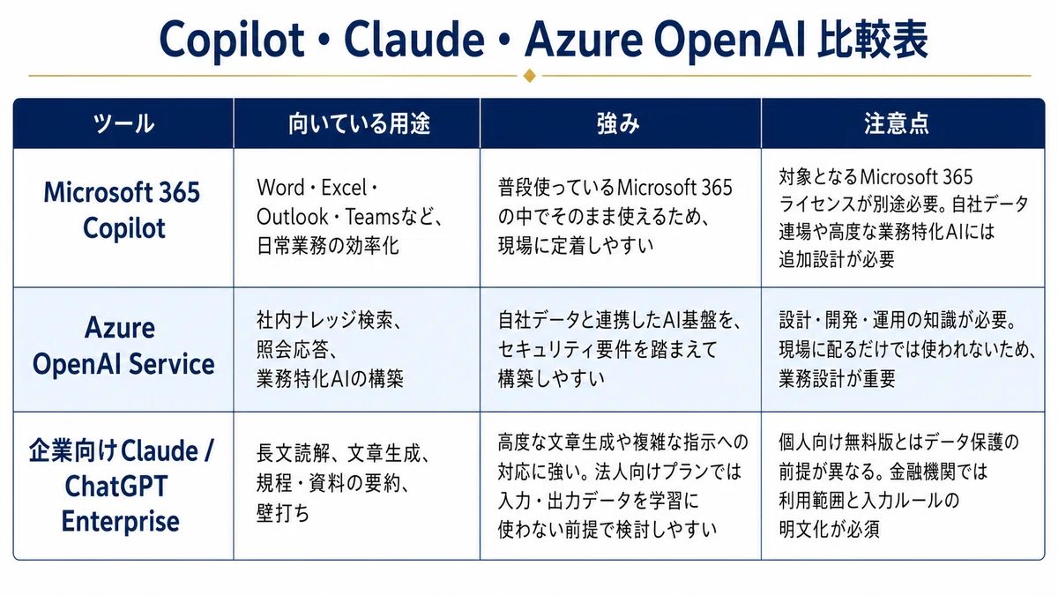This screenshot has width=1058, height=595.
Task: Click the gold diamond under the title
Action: [x=530, y=76]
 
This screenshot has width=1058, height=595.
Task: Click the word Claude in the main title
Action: [x=414, y=39]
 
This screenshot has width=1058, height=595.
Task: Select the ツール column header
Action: [x=123, y=123]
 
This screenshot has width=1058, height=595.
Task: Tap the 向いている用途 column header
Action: [x=360, y=123]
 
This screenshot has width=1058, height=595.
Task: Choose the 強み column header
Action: [x=618, y=123]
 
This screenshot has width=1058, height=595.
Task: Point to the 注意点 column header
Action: [x=896, y=123]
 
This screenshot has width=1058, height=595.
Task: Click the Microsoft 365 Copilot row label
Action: [x=123, y=210]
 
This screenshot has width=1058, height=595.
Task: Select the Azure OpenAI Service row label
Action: [x=123, y=346]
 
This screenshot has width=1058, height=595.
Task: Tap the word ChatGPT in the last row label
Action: [x=116, y=487]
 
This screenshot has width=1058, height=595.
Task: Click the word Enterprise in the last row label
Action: [x=121, y=522]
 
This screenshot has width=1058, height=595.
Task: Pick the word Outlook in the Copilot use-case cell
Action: [x=292, y=217]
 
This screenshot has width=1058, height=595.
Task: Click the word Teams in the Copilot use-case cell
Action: [x=373, y=217]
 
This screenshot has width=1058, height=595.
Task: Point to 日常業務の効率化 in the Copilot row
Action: [x=328, y=246]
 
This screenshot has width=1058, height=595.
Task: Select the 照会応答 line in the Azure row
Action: [x=296, y=349]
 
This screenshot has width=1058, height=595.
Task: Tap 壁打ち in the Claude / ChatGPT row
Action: [x=282, y=513]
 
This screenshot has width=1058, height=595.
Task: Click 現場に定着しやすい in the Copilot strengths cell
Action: [x=576, y=246]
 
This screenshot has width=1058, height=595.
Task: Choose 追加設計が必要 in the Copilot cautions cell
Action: [x=837, y=259]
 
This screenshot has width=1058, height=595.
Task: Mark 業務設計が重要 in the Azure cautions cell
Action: [x=837, y=378]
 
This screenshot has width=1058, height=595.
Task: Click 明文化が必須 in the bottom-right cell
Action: [x=829, y=530]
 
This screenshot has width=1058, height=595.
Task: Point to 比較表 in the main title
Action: [x=873, y=39]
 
